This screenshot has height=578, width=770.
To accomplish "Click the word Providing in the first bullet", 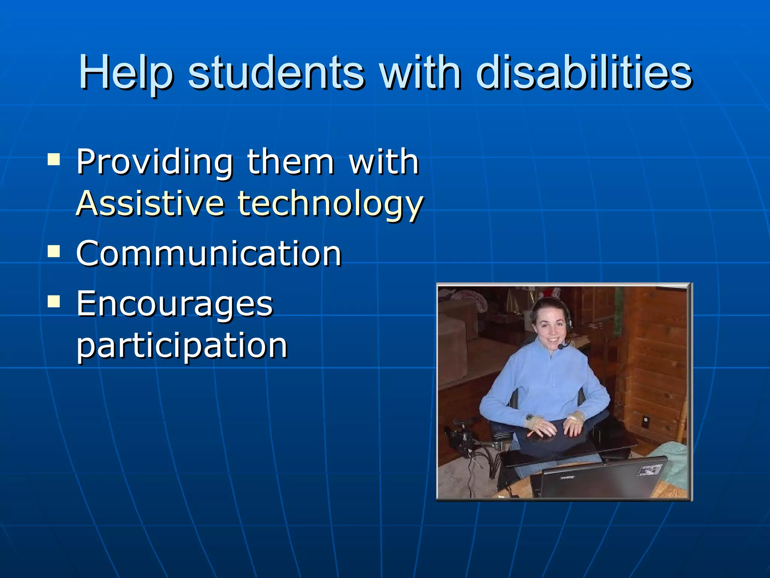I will pos(155,163).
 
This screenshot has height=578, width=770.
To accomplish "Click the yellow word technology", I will pos(330,204).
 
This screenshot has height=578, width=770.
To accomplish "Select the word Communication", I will pos(209,254).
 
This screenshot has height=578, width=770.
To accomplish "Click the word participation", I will pos(182,345).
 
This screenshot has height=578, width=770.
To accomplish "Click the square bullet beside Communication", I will pos(54,251).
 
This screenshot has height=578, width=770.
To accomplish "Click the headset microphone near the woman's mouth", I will pos(561,347).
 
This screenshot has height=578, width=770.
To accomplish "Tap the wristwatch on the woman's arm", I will pos(529,417).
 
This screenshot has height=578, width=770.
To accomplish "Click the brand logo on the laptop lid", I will pos(568,478).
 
